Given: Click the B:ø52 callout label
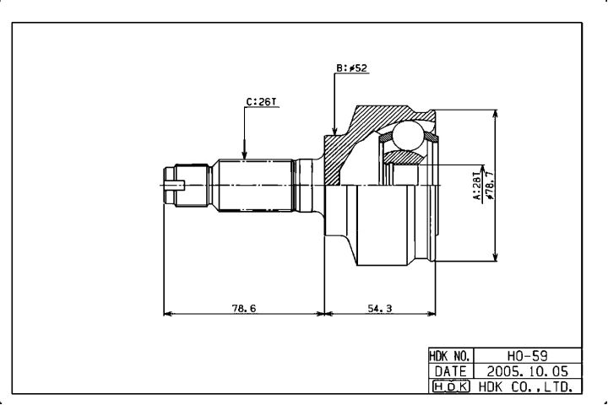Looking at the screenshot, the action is pyautogui.click(x=351, y=68).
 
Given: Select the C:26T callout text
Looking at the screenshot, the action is pyautogui.click(x=262, y=102).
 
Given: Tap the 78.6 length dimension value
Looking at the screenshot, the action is pyautogui.click(x=244, y=309).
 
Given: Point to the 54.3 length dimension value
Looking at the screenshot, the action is pyautogui.click(x=380, y=309).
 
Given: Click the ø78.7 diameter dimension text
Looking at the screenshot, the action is pyautogui.click(x=490, y=186).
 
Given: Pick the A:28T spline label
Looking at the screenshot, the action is pyautogui.click(x=478, y=186).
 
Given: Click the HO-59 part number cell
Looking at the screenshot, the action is pyautogui.click(x=527, y=355).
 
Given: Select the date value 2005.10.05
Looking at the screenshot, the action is pyautogui.click(x=527, y=371).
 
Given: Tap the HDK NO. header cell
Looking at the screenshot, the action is pyautogui.click(x=451, y=355).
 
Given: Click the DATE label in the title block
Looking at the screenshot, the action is pyautogui.click(x=450, y=371).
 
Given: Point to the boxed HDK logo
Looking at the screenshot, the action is pyautogui.click(x=451, y=386).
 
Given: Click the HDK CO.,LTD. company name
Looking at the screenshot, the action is pyautogui.click(x=525, y=386).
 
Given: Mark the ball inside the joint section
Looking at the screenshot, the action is pyautogui.click(x=408, y=135).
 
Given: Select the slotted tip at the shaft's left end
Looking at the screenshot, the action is pyautogui.click(x=174, y=186).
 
